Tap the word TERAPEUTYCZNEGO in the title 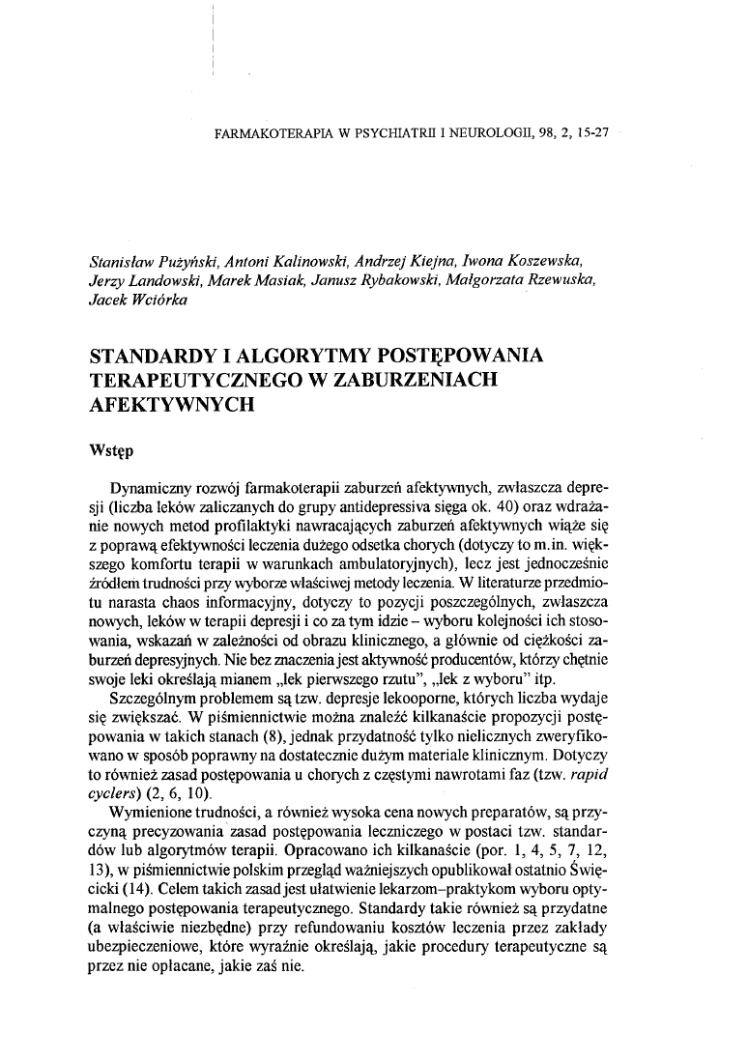[194, 381]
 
